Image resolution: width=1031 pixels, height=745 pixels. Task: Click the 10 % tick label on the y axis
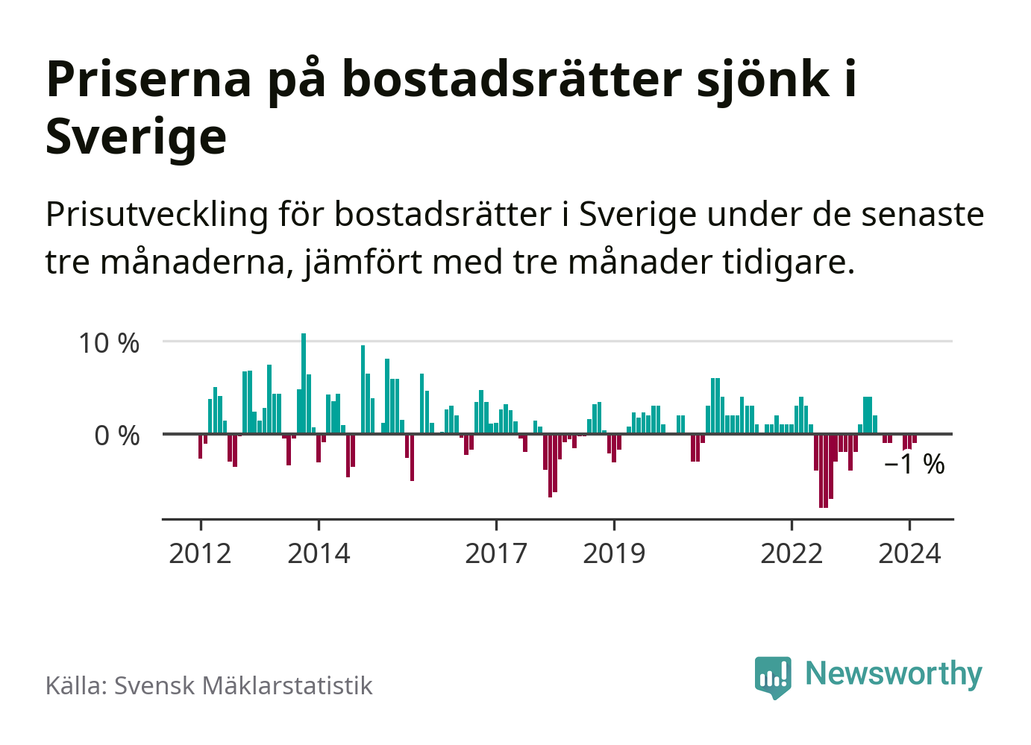tap(109, 343)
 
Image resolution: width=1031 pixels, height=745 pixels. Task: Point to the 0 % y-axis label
tap(117, 436)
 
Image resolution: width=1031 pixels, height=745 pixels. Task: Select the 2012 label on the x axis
tap(200, 553)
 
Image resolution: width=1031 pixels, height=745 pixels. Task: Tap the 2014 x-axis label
tap(319, 553)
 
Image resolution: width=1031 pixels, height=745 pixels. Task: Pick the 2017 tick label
tap(496, 553)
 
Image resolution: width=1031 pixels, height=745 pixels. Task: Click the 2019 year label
tap(614, 553)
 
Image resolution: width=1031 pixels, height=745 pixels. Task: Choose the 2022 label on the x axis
tap(792, 553)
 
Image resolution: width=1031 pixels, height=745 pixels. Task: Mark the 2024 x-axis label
tap(909, 553)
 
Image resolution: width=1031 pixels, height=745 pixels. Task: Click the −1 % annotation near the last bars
tap(914, 465)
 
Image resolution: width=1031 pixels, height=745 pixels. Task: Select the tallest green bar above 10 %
tap(304, 380)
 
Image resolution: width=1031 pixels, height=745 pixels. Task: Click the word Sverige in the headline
tap(136, 136)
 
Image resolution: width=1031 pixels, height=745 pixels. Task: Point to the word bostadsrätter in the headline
tap(512, 79)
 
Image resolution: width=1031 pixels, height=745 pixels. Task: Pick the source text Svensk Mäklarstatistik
tap(243, 685)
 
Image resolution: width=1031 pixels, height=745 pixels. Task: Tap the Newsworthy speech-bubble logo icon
tap(772, 676)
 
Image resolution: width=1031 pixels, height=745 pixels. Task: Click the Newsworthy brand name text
tap(894, 673)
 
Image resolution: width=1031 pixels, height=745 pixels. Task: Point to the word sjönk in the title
tap(763, 79)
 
